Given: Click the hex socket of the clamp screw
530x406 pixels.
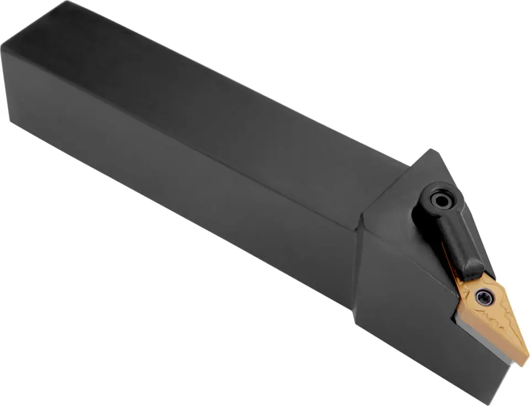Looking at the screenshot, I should pyautogui.click(x=441, y=200).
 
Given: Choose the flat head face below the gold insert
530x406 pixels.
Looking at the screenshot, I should pyautogui.click(x=420, y=331).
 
